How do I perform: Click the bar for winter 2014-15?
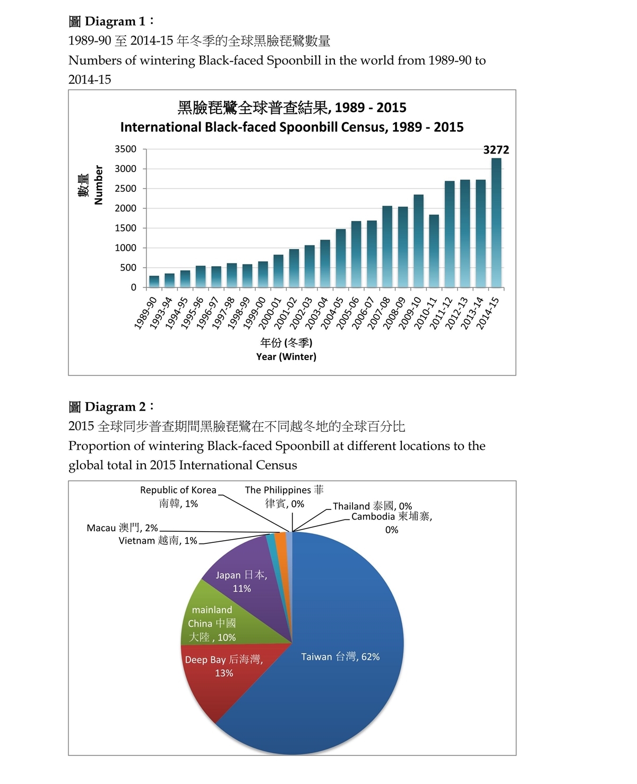click(x=496, y=223)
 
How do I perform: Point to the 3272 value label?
click(x=496, y=150)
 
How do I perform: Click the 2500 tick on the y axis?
click(x=125, y=189)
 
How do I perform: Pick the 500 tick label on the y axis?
click(x=128, y=268)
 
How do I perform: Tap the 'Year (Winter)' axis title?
click(x=286, y=356)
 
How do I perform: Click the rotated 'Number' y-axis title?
click(x=98, y=185)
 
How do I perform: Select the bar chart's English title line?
click(x=291, y=127)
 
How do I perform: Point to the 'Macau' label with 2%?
click(x=122, y=527)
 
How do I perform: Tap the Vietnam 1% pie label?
click(x=158, y=541)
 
